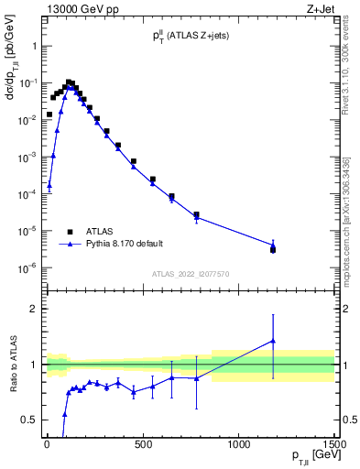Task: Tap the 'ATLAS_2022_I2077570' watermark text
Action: coord(190,273)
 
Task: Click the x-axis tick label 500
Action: coord(142,446)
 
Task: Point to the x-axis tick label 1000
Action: coord(238,446)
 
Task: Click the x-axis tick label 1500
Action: coord(333,446)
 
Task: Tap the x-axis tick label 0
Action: coord(47,446)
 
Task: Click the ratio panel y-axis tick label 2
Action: coord(35,309)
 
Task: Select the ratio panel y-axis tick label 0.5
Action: coord(30,420)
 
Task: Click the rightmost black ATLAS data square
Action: coord(273,249)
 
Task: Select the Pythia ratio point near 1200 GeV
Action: coord(273,341)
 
